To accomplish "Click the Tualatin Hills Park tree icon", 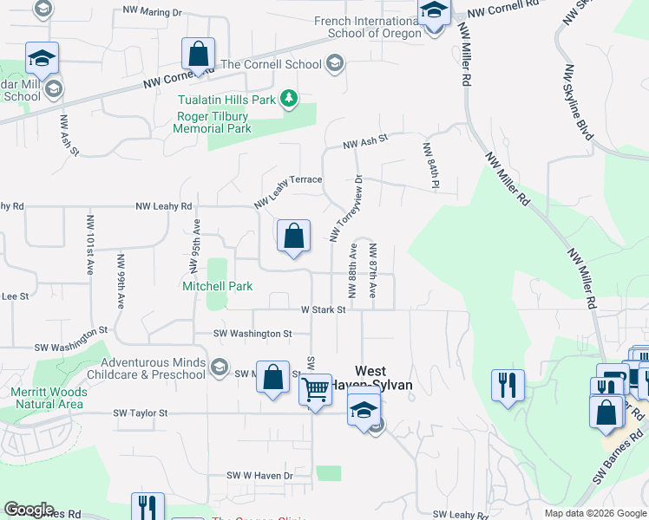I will click(x=289, y=100).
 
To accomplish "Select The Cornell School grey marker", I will click(x=335, y=64).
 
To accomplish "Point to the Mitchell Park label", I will click(x=217, y=286).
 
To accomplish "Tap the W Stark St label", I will click(x=323, y=309).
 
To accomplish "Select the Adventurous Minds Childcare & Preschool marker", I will click(x=219, y=368).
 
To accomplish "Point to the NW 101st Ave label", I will click(x=89, y=244).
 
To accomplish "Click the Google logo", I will click(x=29, y=510).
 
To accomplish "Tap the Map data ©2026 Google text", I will click(x=594, y=513).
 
